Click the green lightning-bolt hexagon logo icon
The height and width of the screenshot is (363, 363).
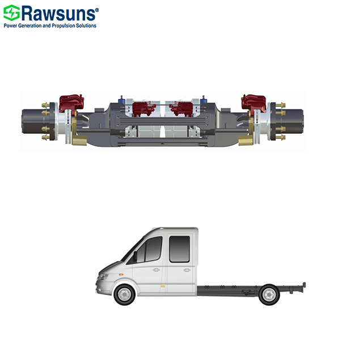[x=11, y=12]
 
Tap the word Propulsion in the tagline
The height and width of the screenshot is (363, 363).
[x=63, y=26]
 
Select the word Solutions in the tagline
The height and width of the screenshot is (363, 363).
[x=86, y=26]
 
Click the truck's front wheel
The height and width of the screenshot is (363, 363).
[x=125, y=294]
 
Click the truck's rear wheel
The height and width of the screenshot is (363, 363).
[x=269, y=295]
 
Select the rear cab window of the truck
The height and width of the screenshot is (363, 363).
[x=179, y=249]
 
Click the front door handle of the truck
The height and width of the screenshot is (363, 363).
[x=157, y=270]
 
